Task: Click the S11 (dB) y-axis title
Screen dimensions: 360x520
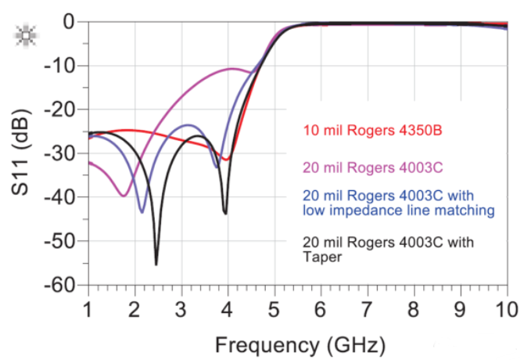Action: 21,153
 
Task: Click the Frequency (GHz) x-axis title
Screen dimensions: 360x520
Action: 299,344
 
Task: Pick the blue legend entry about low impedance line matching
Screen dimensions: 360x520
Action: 398,202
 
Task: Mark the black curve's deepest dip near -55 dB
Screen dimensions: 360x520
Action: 156,264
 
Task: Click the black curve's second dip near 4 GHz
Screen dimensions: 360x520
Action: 225,212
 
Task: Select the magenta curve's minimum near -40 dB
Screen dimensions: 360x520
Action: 123,195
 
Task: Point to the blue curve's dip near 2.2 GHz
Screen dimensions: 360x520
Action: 142,211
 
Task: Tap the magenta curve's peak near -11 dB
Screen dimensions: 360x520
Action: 232,69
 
